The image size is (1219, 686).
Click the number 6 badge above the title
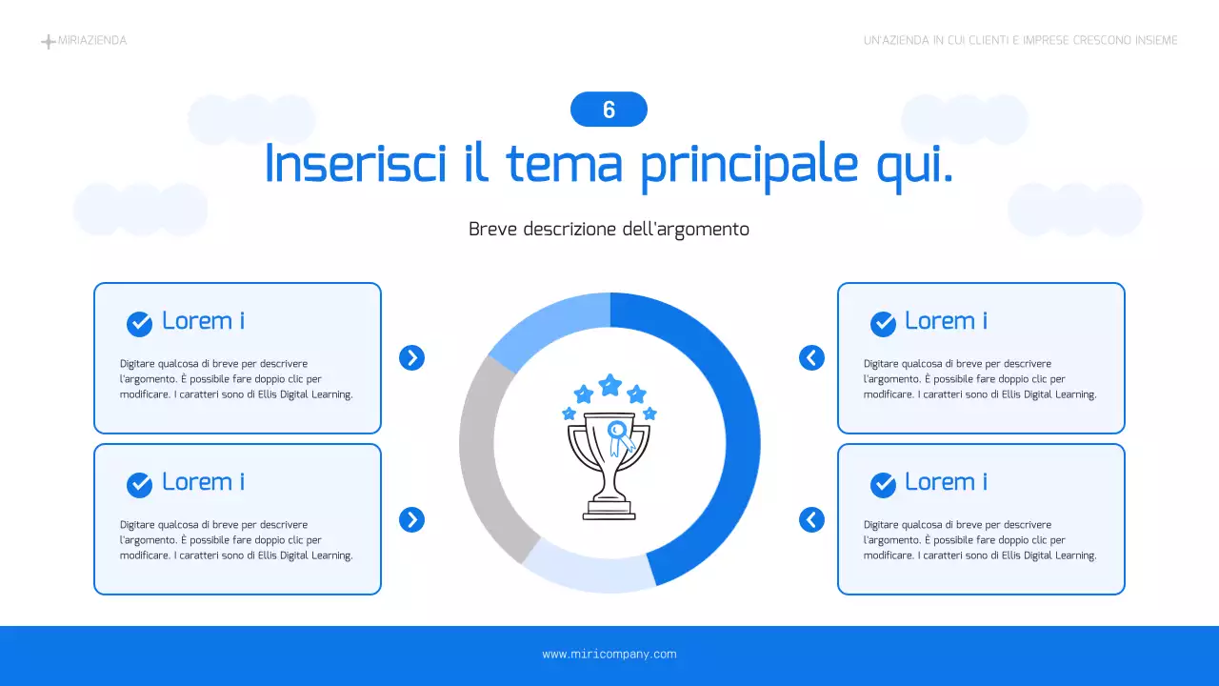609,110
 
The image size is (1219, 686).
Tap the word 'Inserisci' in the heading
355,164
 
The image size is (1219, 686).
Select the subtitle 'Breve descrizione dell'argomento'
609,230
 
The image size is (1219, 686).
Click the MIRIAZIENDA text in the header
92,41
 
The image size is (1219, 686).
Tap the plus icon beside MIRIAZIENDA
48,42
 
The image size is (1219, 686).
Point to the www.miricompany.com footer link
609,655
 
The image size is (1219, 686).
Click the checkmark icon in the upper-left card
139,324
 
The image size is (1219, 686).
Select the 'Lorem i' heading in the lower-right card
945,482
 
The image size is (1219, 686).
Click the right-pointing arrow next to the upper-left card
411,358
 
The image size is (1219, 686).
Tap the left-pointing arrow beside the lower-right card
811,519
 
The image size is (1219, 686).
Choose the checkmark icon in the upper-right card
883,324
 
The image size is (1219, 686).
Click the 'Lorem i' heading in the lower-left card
203,482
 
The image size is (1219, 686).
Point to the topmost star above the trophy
609,385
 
